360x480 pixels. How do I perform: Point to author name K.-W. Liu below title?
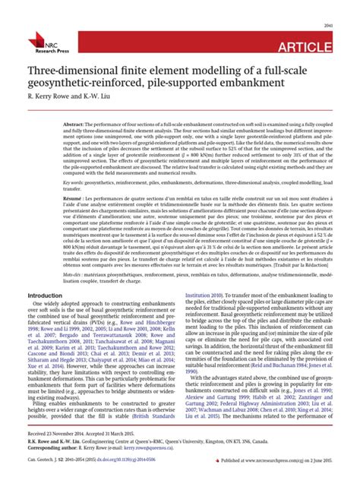click(107, 109)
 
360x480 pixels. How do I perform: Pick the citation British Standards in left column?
click(153, 418)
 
